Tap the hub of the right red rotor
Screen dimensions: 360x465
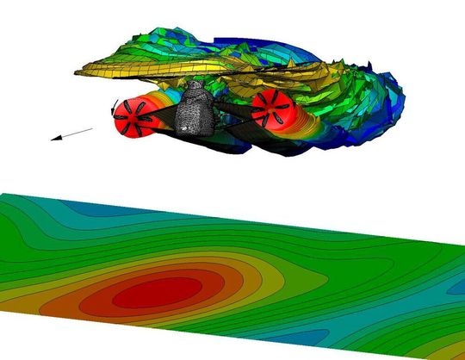coord(270,107)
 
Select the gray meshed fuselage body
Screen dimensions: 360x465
coord(194,109)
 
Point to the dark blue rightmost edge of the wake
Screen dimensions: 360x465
coord(401,95)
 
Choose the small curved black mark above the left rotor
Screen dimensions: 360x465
coord(115,104)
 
